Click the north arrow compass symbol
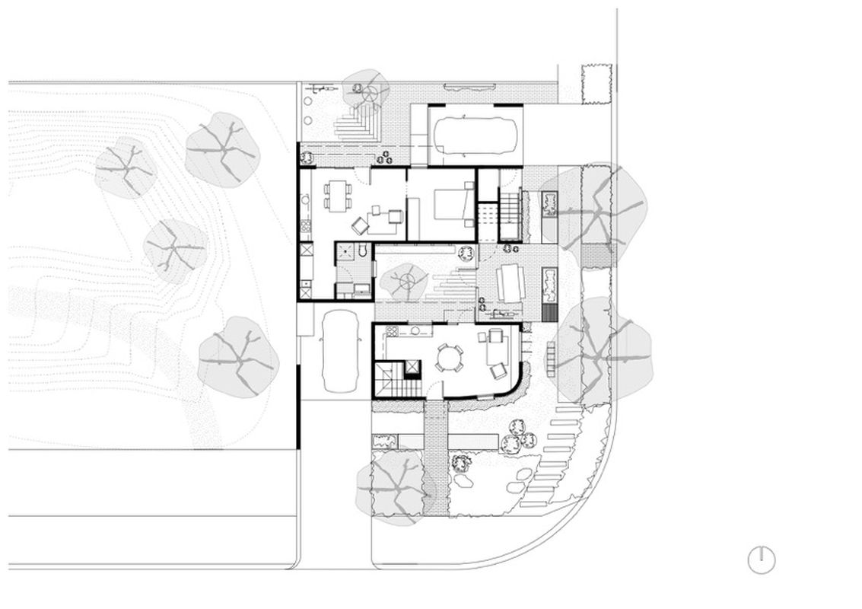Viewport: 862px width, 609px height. tap(762, 560)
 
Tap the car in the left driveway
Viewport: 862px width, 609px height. tap(339, 352)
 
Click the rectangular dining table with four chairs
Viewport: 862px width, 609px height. tap(336, 195)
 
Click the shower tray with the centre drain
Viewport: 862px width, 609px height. tap(346, 252)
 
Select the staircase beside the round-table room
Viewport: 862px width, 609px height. tap(390, 378)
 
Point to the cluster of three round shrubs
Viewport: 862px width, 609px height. tap(517, 438)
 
